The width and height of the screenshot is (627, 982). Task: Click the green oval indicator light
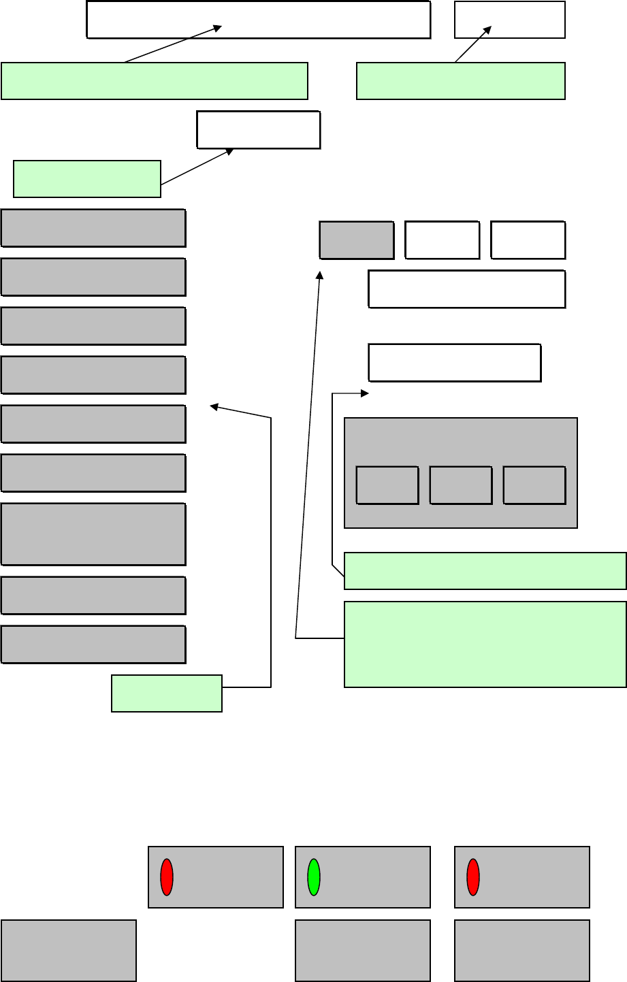(x=314, y=877)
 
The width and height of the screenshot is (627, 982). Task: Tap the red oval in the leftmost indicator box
(x=167, y=877)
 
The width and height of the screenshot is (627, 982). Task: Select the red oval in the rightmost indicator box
(x=473, y=877)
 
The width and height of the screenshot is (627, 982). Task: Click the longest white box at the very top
(x=259, y=20)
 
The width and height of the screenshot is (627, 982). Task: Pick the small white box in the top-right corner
(x=510, y=20)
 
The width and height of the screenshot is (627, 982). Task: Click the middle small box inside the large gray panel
(x=461, y=485)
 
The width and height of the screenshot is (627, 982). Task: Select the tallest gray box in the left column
(x=93, y=534)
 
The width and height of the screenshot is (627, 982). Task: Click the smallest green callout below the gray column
(x=167, y=693)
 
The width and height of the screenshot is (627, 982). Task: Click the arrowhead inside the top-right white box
(x=487, y=30)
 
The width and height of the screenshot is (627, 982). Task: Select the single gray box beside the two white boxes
(x=357, y=240)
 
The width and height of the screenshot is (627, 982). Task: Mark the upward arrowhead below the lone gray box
(x=321, y=274)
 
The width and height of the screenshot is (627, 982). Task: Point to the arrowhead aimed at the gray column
(x=214, y=407)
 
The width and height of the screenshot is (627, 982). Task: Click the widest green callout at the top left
(x=155, y=81)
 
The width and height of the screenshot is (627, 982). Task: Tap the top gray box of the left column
(x=93, y=228)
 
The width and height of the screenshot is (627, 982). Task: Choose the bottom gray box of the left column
(x=93, y=644)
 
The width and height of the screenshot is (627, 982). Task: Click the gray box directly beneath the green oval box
(x=363, y=951)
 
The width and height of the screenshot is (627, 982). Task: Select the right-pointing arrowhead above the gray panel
(x=364, y=393)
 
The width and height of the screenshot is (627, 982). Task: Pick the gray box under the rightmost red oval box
(x=522, y=951)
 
